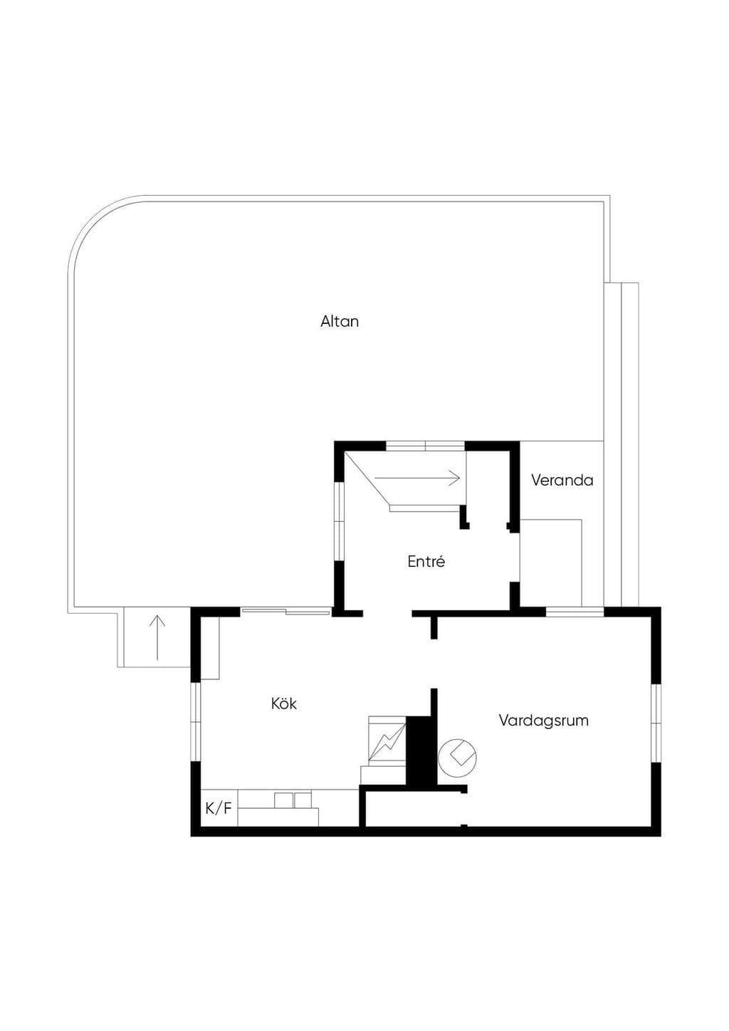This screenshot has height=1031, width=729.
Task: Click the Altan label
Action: (339, 321)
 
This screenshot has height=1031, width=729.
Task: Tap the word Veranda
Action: (562, 480)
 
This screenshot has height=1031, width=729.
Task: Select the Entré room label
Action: (426, 562)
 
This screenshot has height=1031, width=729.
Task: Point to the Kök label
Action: (284, 703)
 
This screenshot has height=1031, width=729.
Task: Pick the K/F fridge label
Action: (218, 809)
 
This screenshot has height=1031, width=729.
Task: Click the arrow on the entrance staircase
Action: (417, 478)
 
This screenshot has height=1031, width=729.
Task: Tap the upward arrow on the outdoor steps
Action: (157, 637)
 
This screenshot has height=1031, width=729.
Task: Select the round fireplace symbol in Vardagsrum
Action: (457, 758)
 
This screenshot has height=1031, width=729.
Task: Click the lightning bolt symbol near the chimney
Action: (387, 743)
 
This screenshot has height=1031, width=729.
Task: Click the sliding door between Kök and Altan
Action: (285, 611)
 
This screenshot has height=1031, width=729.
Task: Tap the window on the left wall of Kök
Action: (196, 722)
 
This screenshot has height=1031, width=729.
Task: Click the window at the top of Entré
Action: (425, 445)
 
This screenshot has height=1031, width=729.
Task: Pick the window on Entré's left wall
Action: (339, 521)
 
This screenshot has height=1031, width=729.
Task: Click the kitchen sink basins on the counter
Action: (293, 800)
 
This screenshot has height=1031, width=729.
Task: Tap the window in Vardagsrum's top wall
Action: (575, 612)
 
